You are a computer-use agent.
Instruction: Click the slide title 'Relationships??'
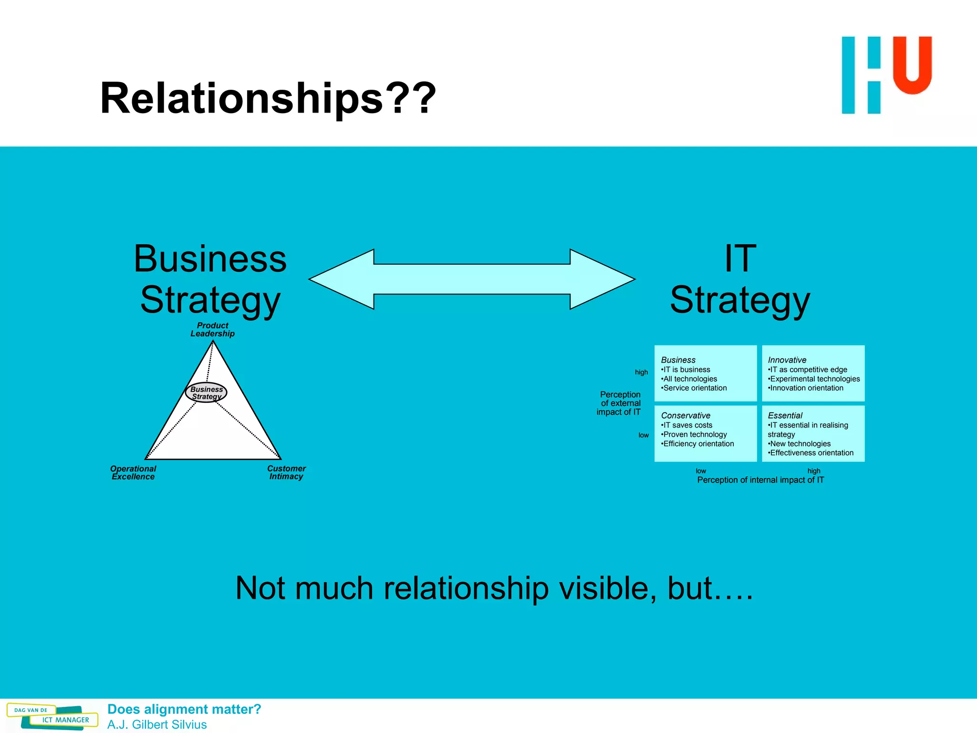click(268, 98)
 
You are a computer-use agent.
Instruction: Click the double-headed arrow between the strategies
click(472, 279)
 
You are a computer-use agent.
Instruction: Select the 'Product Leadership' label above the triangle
click(213, 329)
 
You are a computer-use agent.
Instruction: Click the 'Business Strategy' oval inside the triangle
click(206, 393)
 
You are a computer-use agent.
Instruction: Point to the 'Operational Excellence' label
click(133, 472)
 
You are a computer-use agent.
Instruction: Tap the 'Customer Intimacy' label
click(286, 472)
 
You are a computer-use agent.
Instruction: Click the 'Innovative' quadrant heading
click(787, 360)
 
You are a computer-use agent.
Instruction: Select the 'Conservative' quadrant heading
click(686, 415)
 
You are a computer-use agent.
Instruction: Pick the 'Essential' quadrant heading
click(785, 415)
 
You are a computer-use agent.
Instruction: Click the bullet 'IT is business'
click(686, 369)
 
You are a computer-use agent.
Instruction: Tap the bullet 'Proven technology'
click(695, 434)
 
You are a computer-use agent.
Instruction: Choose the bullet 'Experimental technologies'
click(814, 379)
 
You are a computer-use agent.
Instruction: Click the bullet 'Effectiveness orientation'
click(811, 453)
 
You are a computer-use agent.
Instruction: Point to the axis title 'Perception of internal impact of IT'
click(760, 480)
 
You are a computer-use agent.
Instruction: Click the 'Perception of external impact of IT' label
click(619, 403)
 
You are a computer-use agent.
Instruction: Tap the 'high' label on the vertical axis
click(641, 372)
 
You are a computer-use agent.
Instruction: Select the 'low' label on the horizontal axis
click(701, 471)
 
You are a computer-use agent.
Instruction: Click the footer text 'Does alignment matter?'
click(184, 709)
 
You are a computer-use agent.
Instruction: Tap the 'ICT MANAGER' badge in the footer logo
click(65, 720)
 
